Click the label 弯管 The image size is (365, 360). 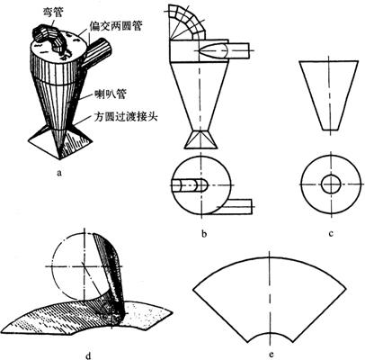(x=51, y=13)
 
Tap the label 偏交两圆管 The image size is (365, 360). (x=115, y=26)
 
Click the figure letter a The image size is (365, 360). (x=59, y=173)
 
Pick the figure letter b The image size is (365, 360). (x=204, y=233)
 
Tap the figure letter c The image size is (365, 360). (x=331, y=233)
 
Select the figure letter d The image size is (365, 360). (x=88, y=355)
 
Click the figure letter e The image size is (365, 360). (x=271, y=355)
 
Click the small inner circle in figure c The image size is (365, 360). (x=321, y=184)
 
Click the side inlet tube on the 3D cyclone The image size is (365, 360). (x=96, y=53)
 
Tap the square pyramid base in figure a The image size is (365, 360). (x=60, y=142)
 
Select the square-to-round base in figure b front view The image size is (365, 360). (x=200, y=139)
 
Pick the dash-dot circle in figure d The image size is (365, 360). (x=52, y=267)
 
